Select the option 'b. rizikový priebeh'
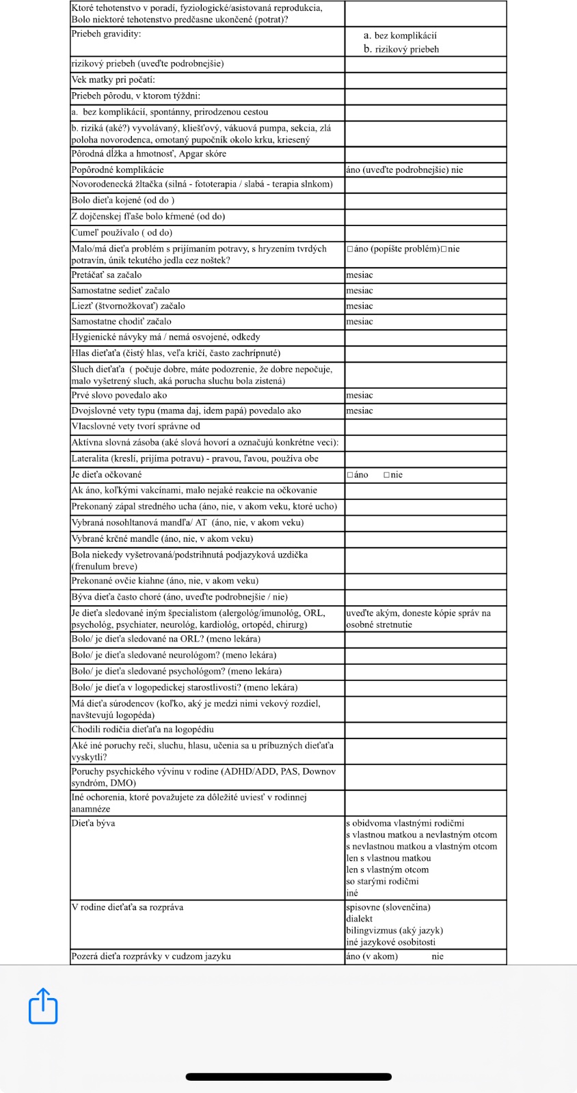(x=401, y=49)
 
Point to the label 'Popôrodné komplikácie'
(x=118, y=169)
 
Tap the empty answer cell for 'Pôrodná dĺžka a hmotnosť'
(x=425, y=154)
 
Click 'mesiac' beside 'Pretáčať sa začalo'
(x=360, y=275)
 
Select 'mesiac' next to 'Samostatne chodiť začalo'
(x=360, y=322)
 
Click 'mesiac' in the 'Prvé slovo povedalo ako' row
(x=360, y=396)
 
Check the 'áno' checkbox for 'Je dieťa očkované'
(x=350, y=475)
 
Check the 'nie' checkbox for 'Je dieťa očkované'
(x=387, y=475)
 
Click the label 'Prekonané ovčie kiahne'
(x=165, y=581)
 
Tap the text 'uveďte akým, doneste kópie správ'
(x=418, y=613)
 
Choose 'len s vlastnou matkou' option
(x=388, y=858)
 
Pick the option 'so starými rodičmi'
(x=382, y=881)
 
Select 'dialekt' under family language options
(x=360, y=919)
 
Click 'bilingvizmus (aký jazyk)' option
(x=394, y=930)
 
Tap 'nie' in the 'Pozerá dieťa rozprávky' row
(x=438, y=956)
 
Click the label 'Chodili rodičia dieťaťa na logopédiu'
(x=142, y=730)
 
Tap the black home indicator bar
(x=288, y=1077)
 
